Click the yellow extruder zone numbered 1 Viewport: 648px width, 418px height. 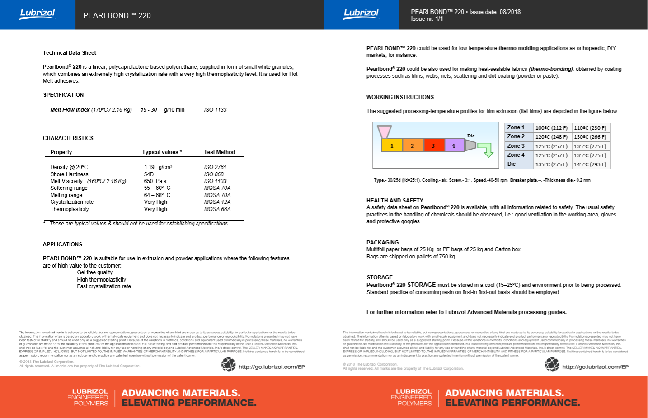pos(392,146)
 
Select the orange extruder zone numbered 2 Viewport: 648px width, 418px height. pos(412,146)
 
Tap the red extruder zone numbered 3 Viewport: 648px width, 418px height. pos(433,146)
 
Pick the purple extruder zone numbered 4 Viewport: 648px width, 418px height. pos(454,146)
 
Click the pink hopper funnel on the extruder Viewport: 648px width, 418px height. pos(384,132)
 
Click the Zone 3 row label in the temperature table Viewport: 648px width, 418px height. pos(516,146)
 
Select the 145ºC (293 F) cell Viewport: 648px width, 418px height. pos(590,164)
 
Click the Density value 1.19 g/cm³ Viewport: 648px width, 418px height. pos(158,167)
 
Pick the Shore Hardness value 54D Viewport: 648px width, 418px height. pos(149,174)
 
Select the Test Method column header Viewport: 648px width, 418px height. pos(220,152)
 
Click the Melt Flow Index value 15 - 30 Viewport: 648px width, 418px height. pos(149,110)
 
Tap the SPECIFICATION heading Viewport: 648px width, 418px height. pos(63,95)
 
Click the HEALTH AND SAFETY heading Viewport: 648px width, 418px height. pos(394,201)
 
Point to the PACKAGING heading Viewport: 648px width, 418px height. pos(382,243)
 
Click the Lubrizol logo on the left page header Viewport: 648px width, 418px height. pos(38,14)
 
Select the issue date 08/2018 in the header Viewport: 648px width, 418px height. pos(510,12)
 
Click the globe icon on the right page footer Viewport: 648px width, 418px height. pos(552,365)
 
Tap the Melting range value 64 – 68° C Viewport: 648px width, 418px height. pos(157,195)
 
